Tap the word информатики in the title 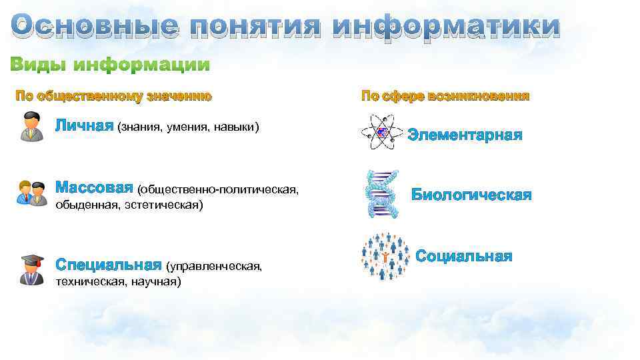pos(446,27)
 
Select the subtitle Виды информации pos(110,65)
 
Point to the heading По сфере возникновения pos(445,96)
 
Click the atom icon pos(381,132)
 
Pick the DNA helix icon pos(382,193)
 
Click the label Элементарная pos(465,135)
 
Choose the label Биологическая pos(471,195)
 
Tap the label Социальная pos(464,256)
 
